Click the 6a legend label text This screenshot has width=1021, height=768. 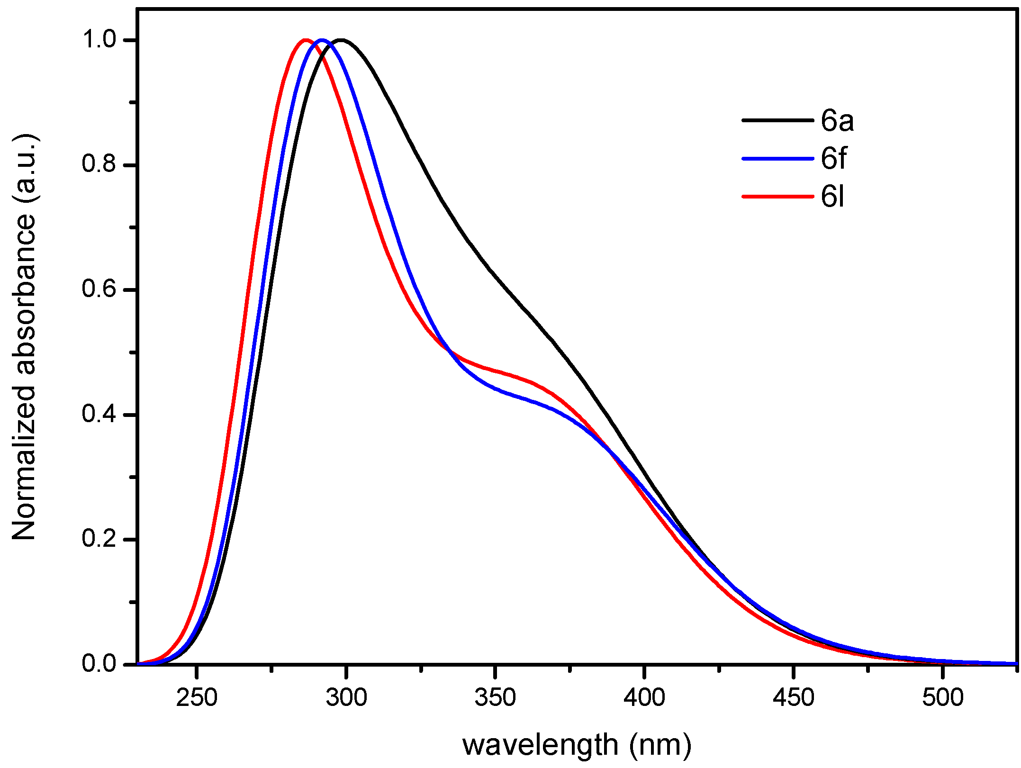837,121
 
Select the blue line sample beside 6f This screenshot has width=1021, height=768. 777,159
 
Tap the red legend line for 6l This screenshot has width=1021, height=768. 777,196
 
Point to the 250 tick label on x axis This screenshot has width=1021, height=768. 196,697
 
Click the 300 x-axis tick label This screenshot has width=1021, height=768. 346,697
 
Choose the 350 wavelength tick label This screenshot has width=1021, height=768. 495,697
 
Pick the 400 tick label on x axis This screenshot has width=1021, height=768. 644,697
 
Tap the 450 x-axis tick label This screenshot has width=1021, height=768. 794,697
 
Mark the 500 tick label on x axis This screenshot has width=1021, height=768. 943,697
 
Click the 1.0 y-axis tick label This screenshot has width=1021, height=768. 99,40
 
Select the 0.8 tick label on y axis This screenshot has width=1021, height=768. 99,164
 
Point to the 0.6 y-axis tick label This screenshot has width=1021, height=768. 99,289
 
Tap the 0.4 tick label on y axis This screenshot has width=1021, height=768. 99,414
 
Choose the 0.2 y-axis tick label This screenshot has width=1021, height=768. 99,539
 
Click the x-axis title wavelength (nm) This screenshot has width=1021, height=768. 577,745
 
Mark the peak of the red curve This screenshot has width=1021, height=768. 305,40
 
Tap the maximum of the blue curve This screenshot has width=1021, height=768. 323,40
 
